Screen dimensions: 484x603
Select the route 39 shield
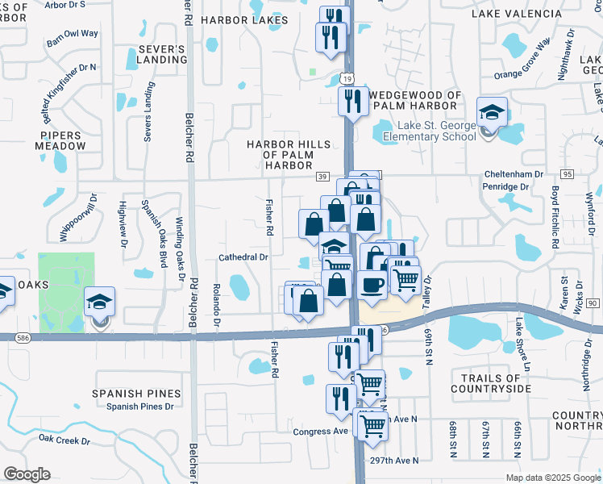(321, 177)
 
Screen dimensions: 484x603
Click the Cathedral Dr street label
(243, 257)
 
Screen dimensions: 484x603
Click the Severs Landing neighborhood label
(162, 55)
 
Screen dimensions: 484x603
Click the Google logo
(27, 474)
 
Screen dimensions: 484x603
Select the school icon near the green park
(99, 304)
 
